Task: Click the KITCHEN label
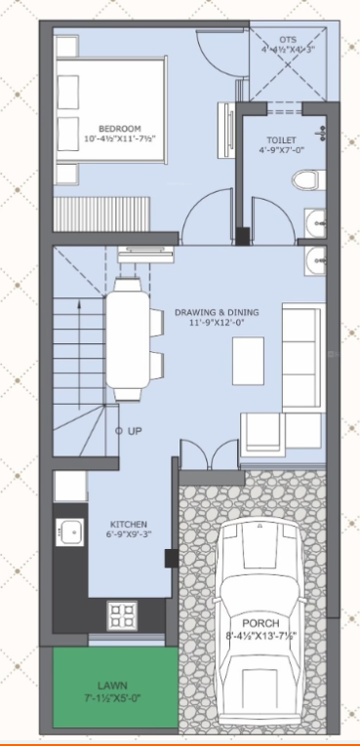[x=128, y=524]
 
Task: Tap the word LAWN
[x=111, y=686]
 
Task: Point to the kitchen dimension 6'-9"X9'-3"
[x=128, y=534]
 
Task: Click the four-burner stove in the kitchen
[x=122, y=614]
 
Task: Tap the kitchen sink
[x=70, y=532]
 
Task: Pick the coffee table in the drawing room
[x=248, y=361]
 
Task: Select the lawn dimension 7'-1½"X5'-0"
[x=111, y=697]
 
